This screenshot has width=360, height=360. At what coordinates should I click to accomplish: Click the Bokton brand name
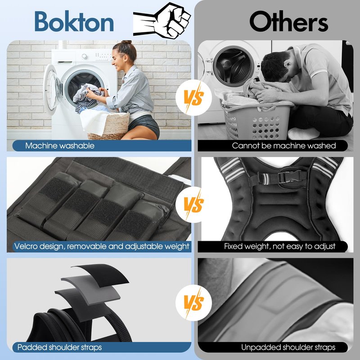[74, 21]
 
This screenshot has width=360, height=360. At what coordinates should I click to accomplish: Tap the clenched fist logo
[162, 20]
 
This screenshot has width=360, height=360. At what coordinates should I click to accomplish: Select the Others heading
[288, 21]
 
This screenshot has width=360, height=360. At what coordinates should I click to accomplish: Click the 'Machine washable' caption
[60, 145]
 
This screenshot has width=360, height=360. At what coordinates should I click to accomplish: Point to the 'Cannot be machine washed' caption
[284, 145]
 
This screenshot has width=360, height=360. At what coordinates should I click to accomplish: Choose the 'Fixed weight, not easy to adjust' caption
[279, 246]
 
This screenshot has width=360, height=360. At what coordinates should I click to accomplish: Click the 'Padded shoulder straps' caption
[59, 347]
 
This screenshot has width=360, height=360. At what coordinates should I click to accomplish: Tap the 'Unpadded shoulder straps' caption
[288, 347]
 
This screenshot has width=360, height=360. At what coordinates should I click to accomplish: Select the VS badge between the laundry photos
[193, 97]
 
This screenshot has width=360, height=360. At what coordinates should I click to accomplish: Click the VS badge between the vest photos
[193, 204]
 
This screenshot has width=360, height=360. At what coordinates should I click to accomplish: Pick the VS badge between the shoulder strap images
[193, 302]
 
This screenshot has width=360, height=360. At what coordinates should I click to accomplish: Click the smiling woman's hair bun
[127, 42]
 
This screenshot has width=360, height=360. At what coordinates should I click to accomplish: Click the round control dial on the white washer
[85, 56]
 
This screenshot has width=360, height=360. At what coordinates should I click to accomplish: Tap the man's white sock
[303, 133]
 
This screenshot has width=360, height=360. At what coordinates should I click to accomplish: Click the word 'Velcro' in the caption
[26, 246]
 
